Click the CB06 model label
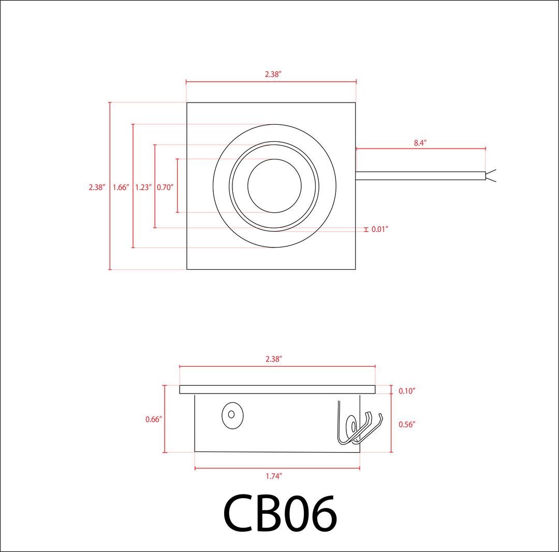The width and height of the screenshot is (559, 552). (280, 514)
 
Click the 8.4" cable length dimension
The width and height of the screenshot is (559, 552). (420, 143)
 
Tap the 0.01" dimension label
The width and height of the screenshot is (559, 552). (380, 229)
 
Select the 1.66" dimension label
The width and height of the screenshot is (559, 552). (121, 187)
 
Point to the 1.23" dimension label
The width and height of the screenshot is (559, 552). (143, 187)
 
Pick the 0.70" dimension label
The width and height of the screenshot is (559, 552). (165, 187)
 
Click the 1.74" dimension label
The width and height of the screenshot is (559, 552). (274, 476)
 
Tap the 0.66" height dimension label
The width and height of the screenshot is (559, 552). (154, 419)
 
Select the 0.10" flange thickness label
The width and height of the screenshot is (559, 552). (407, 391)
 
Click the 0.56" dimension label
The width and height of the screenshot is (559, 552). (407, 424)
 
